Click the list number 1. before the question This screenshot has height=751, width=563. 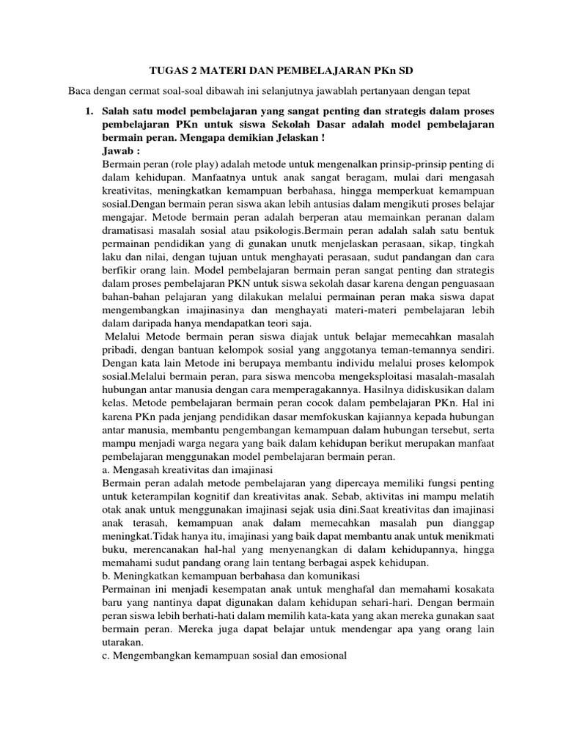point(89,111)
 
